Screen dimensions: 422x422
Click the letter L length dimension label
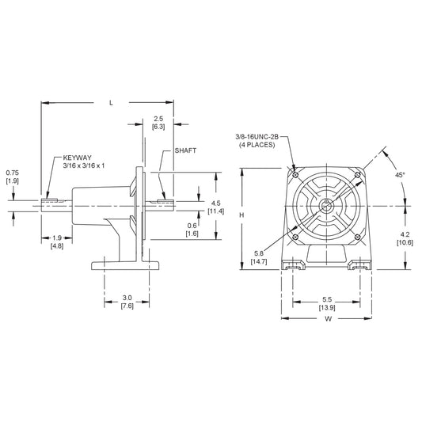(111, 102)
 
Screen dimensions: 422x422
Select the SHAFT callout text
(185, 150)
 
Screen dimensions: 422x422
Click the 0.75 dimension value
(13, 173)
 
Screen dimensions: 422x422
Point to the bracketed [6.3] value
(158, 127)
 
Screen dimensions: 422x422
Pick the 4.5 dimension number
(215, 202)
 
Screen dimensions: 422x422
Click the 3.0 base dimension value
(126, 298)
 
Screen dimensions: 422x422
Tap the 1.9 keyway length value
(57, 237)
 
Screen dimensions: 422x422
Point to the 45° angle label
(400, 175)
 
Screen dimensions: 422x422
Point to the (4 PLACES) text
(257, 145)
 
